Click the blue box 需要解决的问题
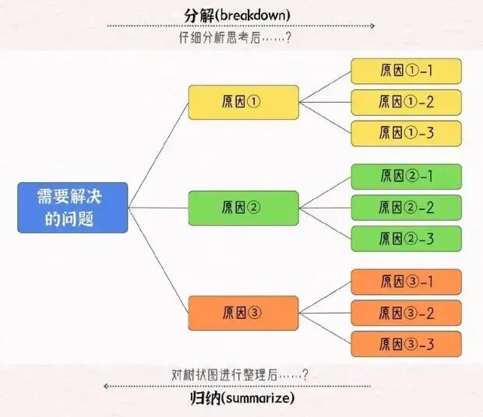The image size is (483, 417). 72,208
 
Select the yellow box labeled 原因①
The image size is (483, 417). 243,103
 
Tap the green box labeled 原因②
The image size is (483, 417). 243,208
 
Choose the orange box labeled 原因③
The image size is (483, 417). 243,314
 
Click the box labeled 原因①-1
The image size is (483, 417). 406,71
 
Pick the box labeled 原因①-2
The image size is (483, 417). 406,102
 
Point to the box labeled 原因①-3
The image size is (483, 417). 406,133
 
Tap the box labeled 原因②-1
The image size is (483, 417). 406,177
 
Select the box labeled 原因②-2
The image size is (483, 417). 406,208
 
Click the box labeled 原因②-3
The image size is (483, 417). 406,239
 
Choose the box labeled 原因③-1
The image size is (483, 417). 406,282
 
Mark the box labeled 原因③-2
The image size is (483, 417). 406,313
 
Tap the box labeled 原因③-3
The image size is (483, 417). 406,344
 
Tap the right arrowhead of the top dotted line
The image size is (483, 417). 372,26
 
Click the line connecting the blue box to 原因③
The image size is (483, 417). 160,261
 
